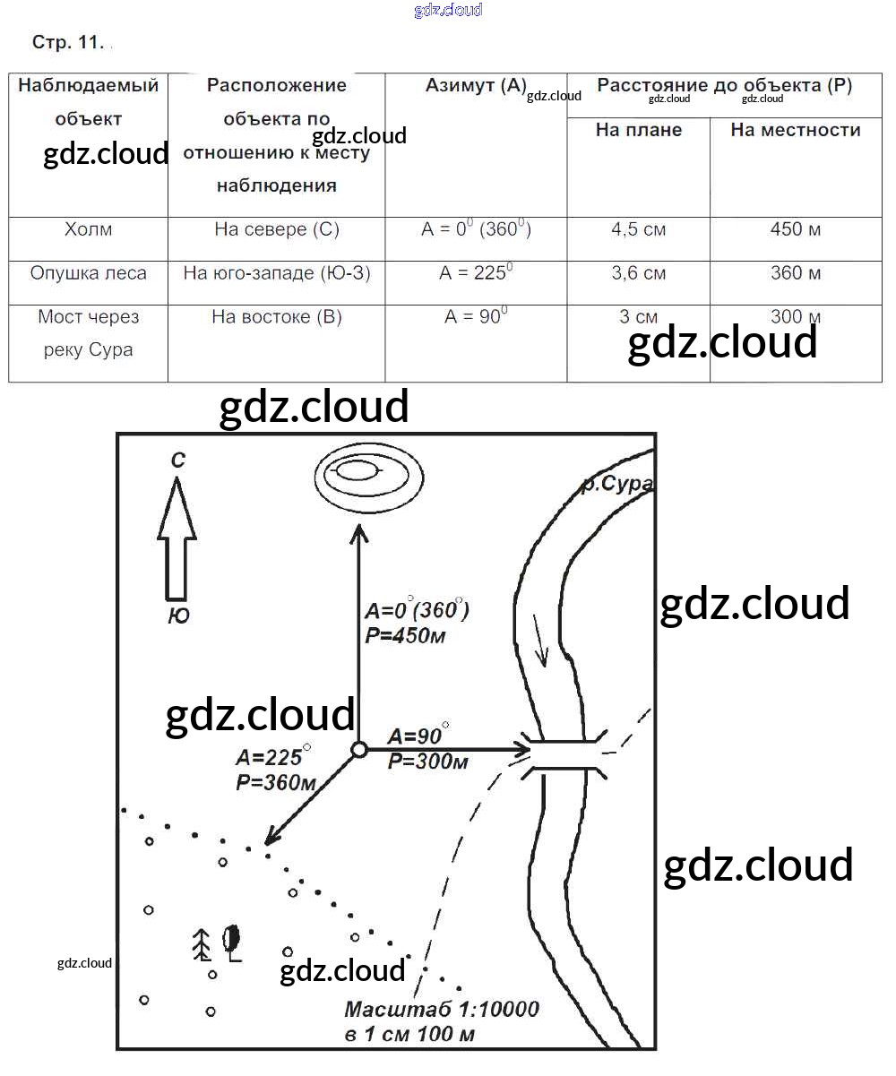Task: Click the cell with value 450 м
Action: tap(796, 229)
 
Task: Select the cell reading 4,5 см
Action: tap(638, 229)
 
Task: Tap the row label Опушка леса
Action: tap(88, 272)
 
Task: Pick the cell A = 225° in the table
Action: tap(476, 272)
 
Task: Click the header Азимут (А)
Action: tap(476, 86)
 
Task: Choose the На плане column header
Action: tap(638, 130)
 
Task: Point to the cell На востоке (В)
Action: tap(276, 316)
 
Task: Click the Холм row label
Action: tap(88, 229)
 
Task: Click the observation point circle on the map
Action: tap(358, 749)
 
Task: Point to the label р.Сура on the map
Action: tap(616, 485)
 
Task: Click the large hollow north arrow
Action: tap(177, 538)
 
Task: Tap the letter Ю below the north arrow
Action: tap(178, 616)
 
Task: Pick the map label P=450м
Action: tap(405, 636)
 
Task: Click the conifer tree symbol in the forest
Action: tap(202, 943)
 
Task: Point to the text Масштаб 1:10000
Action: tap(442, 1010)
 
